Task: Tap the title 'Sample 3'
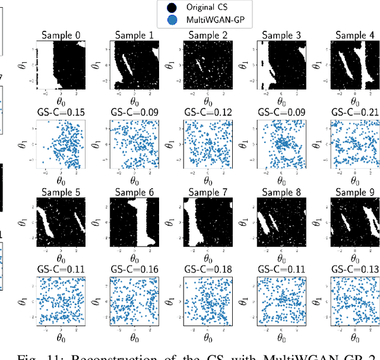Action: (x=281, y=35)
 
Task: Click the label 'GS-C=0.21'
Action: (x=354, y=113)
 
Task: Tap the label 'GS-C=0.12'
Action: (x=208, y=113)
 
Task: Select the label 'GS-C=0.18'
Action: (x=208, y=270)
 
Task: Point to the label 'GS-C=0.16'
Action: (x=134, y=270)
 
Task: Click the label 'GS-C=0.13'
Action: (x=354, y=270)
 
